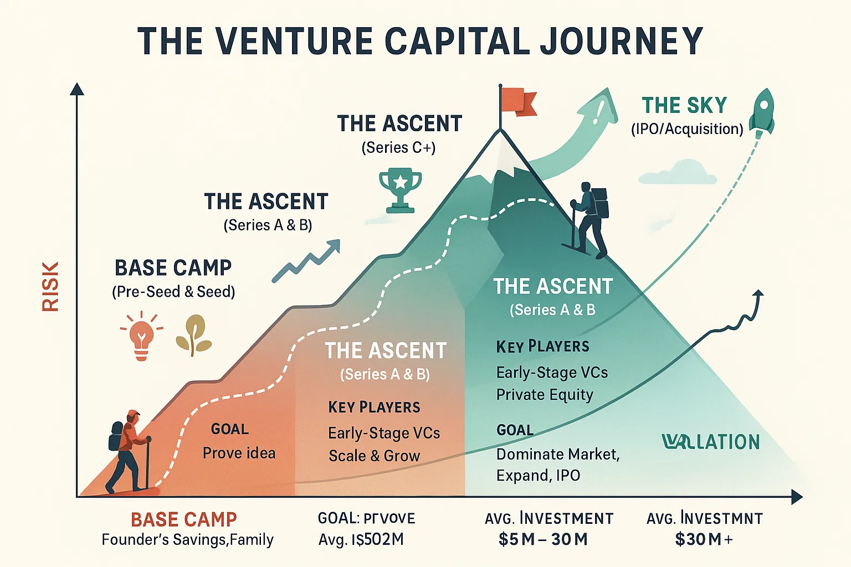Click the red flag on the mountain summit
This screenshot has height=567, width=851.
click(x=519, y=101)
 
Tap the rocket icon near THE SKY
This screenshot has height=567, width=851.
click(x=763, y=111)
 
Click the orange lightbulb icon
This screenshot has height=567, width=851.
click(x=141, y=336)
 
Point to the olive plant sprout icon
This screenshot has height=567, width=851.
click(x=193, y=335)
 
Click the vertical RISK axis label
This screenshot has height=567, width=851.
click(x=50, y=286)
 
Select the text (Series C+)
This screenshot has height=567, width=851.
click(x=398, y=148)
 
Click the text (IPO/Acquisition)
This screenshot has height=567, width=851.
click(x=687, y=129)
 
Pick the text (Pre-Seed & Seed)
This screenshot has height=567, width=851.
click(x=173, y=292)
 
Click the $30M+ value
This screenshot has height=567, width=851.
click(x=704, y=539)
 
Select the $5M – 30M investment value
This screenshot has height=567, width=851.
click(x=543, y=539)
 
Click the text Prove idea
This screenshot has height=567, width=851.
click(x=239, y=453)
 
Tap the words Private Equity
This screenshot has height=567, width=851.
click(x=545, y=395)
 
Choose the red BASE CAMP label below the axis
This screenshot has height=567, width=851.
click(x=184, y=519)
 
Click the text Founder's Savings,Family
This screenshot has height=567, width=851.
click(x=187, y=540)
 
